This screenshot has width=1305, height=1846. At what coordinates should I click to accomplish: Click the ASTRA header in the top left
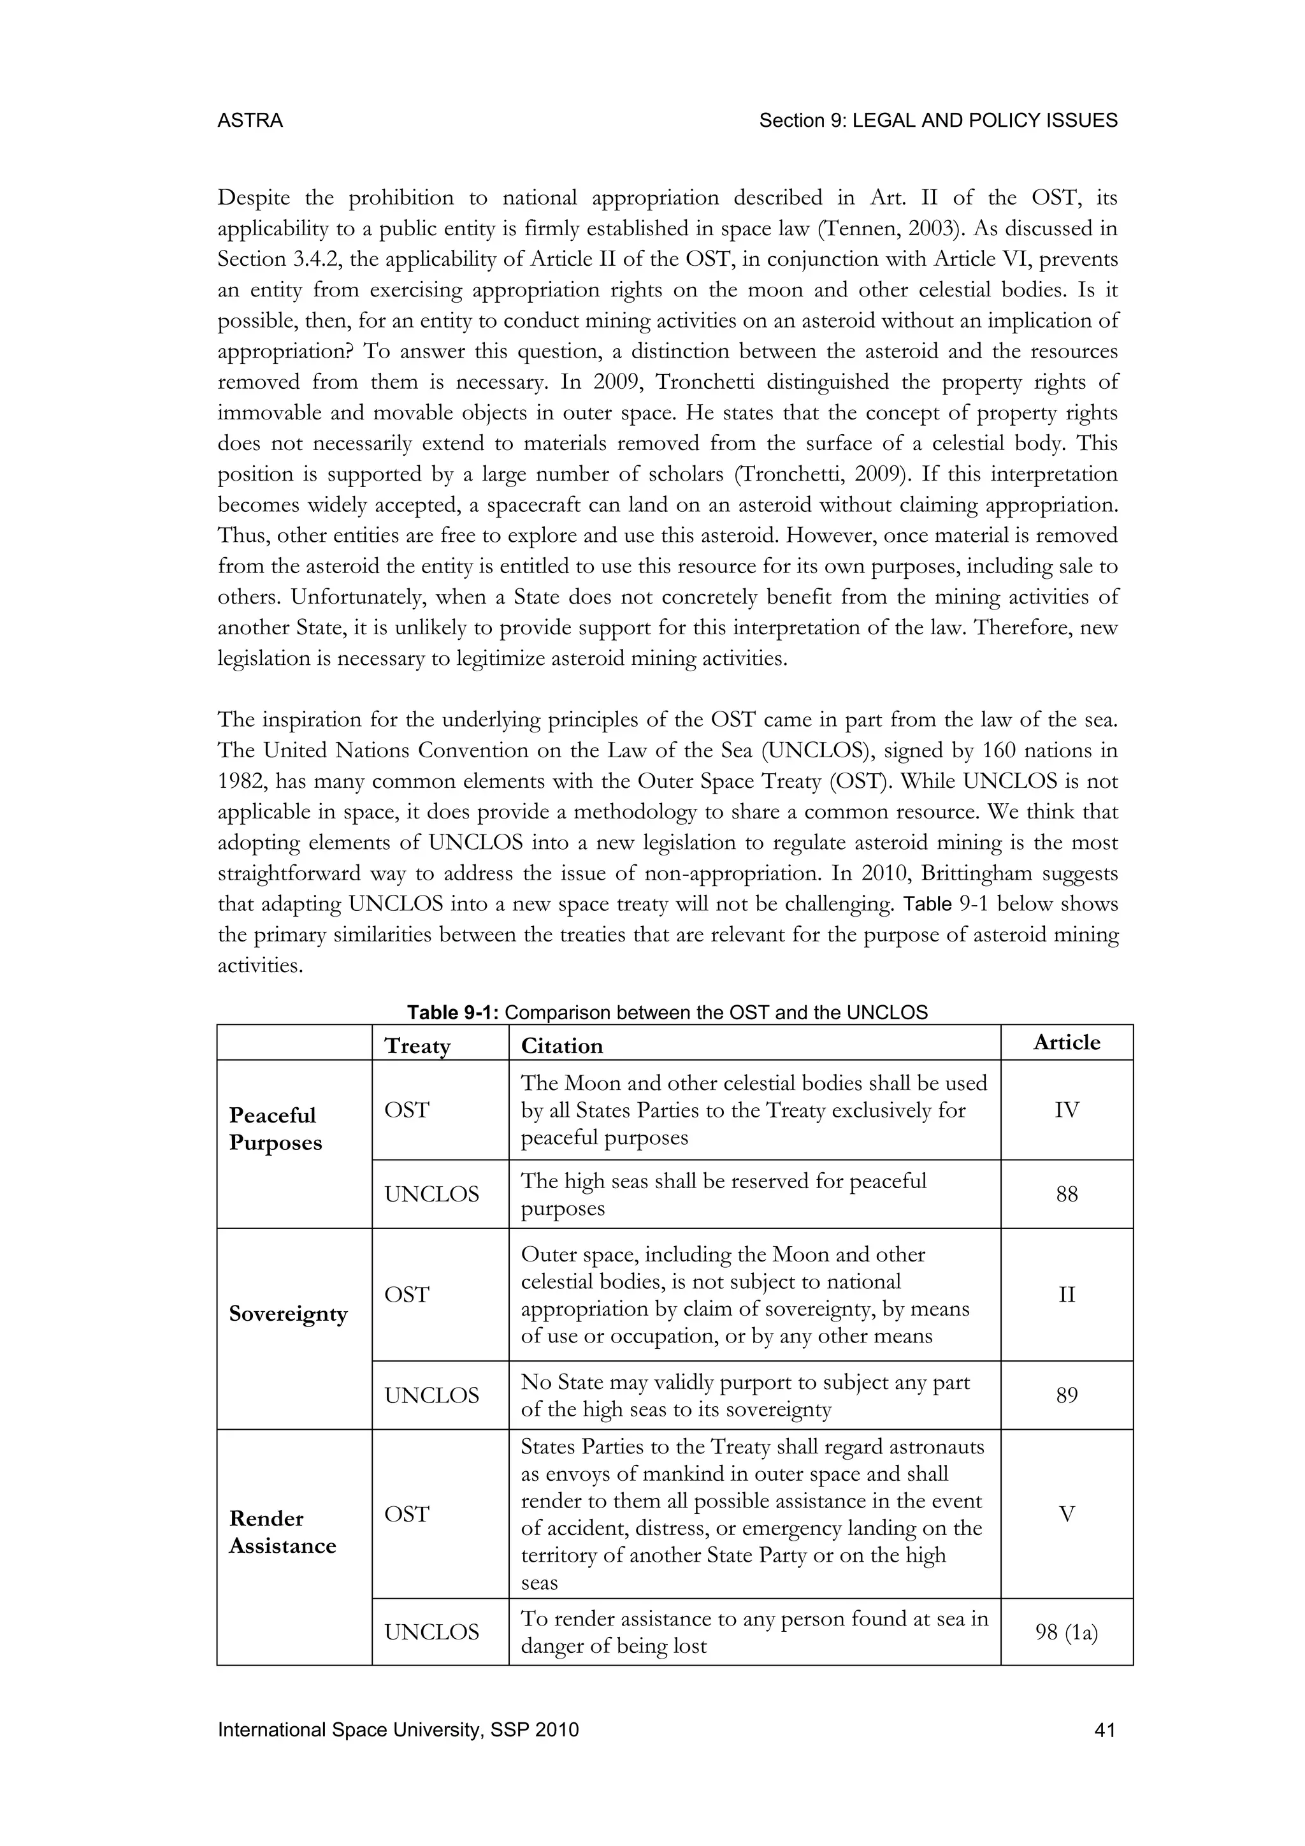point(250,120)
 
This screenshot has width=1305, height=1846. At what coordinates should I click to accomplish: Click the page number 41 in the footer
point(1105,1730)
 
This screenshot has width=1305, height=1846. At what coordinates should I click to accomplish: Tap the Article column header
point(1066,1043)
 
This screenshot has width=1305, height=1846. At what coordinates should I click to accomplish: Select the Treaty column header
point(417,1045)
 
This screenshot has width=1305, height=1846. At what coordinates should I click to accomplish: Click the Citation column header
point(561,1045)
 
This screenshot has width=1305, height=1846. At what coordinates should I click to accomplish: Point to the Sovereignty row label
point(287,1314)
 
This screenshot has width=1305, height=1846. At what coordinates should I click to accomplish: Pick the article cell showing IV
point(1066,1110)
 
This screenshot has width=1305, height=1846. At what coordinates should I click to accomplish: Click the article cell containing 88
point(1066,1195)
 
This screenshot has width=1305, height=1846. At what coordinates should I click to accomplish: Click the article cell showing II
point(1066,1295)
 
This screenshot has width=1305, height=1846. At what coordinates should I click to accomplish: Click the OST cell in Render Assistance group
point(407,1514)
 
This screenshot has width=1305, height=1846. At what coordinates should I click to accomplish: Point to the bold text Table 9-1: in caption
point(453,1013)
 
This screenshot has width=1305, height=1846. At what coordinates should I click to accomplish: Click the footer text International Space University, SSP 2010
point(398,1730)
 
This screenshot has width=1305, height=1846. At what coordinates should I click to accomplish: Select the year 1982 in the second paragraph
point(240,781)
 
